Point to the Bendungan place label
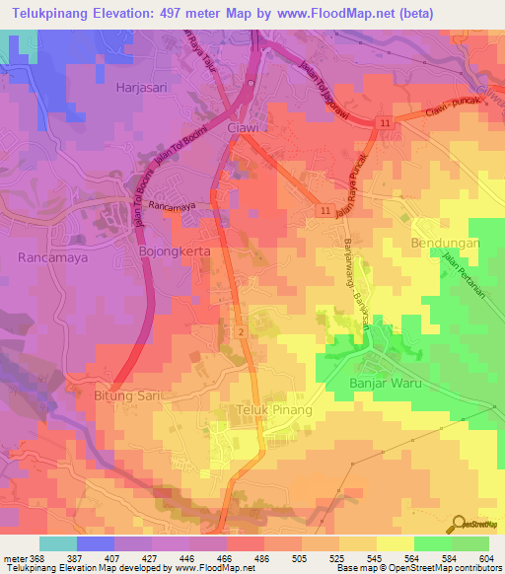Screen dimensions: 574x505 pos(444,242)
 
